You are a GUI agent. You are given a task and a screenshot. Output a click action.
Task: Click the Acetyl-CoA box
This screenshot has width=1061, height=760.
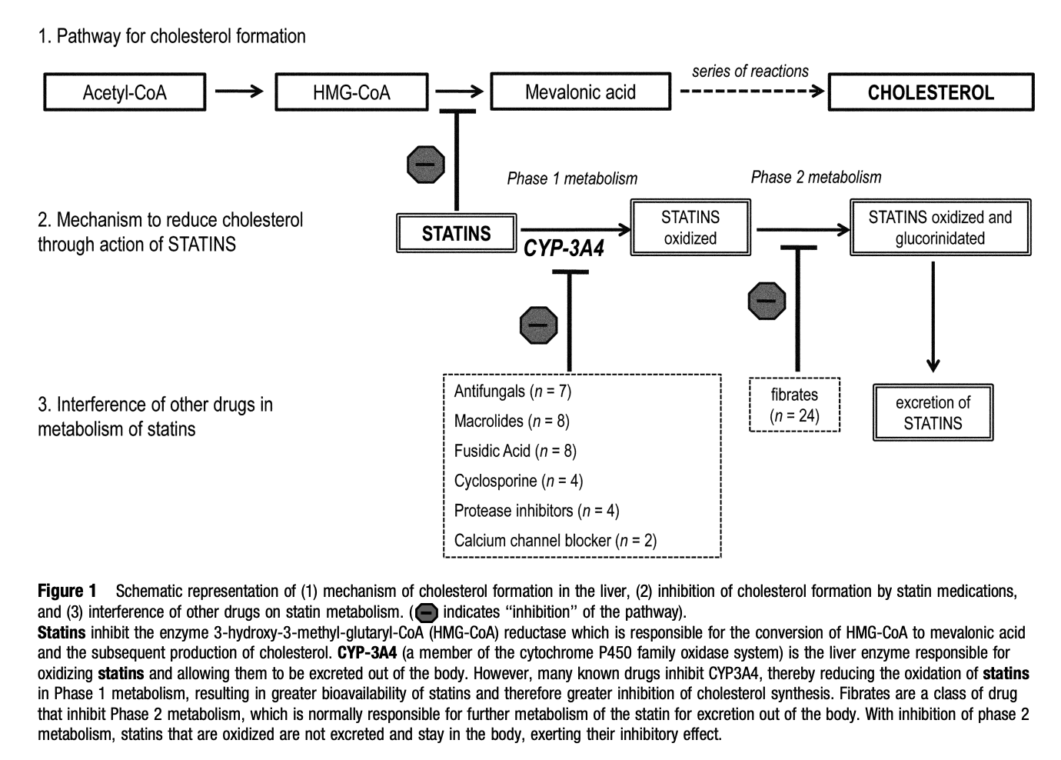coord(125,92)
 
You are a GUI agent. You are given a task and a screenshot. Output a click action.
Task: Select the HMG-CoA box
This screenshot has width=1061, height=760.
coord(351,92)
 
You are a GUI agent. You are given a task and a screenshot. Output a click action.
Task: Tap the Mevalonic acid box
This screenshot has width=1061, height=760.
coord(580,92)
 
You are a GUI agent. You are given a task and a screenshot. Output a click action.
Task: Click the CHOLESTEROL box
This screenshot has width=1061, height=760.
coord(930,92)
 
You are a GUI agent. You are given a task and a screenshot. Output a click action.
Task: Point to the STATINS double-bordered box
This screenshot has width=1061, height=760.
coord(456,233)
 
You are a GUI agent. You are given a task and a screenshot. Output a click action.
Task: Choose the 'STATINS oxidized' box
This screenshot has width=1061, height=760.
coord(690,228)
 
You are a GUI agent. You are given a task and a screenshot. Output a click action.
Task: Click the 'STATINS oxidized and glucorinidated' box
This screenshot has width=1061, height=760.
coord(940,228)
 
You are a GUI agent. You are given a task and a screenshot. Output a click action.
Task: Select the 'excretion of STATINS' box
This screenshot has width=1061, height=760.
coord(933,412)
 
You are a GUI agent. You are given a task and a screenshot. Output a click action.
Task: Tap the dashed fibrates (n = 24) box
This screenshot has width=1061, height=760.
coord(794,405)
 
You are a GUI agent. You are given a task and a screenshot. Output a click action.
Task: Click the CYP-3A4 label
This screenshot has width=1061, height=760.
coord(564,249)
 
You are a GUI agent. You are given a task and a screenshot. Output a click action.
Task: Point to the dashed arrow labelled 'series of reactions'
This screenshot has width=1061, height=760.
coord(751,92)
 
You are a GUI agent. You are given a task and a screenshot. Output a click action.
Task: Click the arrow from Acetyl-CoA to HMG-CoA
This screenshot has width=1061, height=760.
coord(239,92)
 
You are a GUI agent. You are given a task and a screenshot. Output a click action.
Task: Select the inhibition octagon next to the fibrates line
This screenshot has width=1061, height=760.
coord(767,301)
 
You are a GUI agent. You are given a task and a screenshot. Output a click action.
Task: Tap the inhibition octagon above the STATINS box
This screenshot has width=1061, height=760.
coord(425,164)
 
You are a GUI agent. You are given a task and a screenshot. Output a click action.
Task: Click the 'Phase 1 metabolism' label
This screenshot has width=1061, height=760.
coord(572,178)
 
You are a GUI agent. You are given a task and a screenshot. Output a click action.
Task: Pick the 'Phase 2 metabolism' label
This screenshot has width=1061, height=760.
coord(816,177)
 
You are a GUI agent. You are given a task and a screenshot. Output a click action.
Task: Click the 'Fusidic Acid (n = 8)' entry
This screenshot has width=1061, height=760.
coord(515,451)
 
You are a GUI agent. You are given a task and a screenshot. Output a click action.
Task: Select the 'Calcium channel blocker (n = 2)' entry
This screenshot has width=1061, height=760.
coord(555,541)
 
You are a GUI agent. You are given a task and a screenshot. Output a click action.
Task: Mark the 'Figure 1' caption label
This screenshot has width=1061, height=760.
coord(67,591)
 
